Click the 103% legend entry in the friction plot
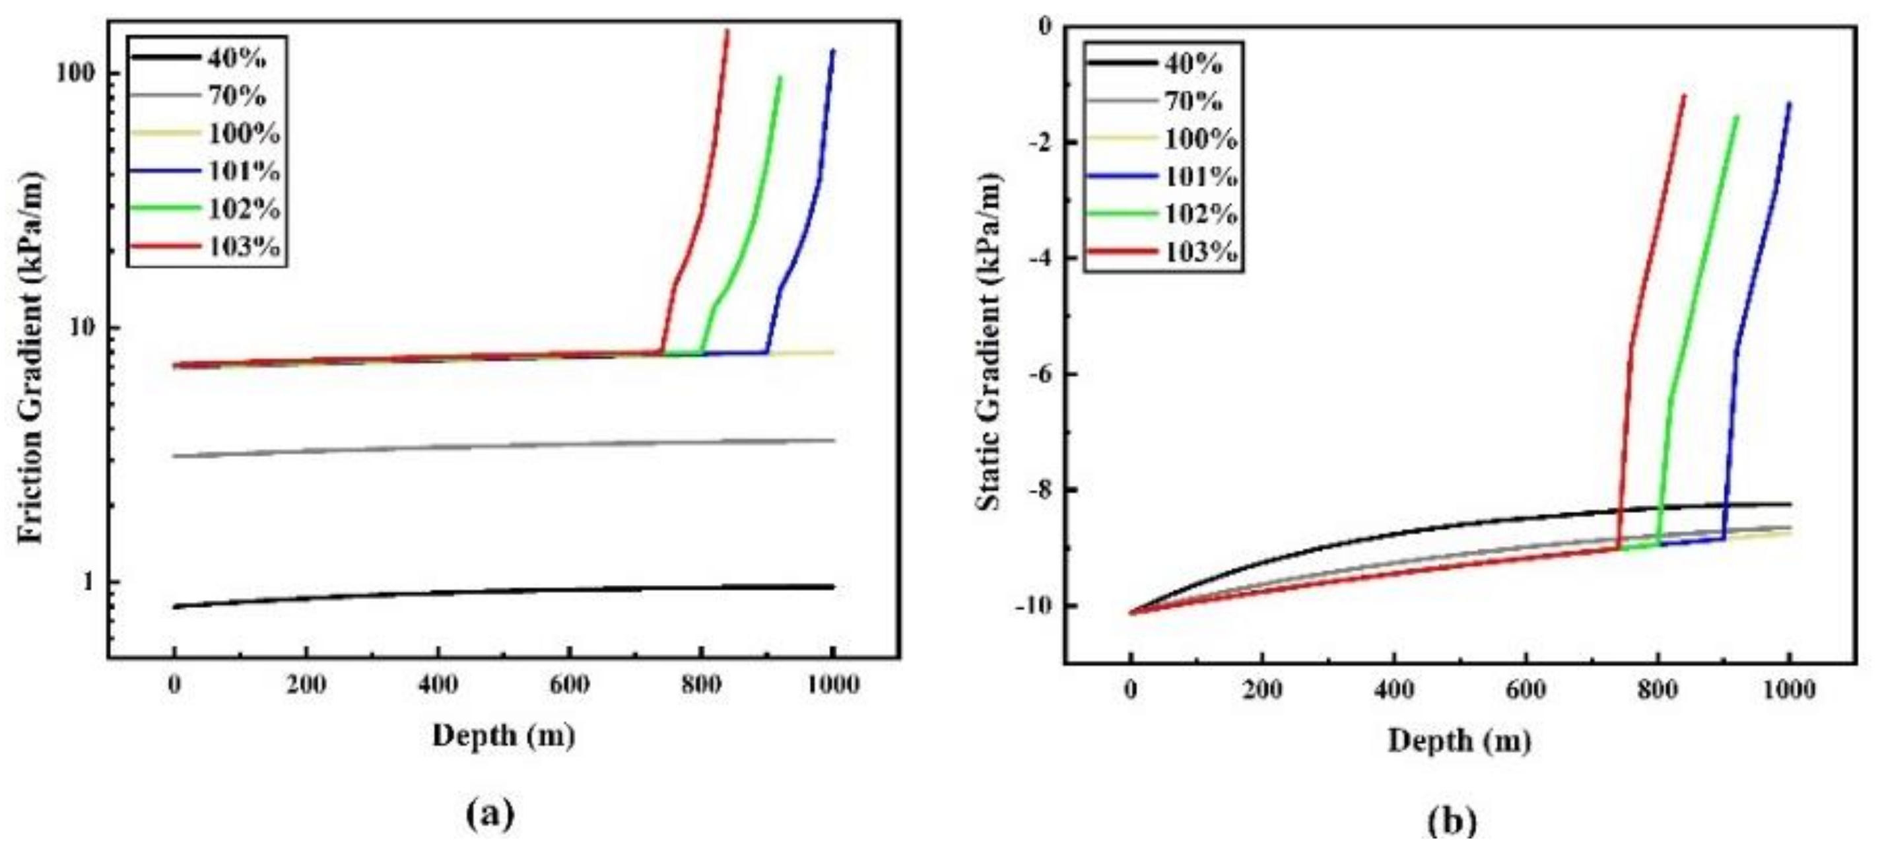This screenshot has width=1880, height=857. coord(243,247)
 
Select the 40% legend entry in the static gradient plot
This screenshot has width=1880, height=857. coord(1193,63)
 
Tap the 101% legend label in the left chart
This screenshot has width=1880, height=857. coord(243,171)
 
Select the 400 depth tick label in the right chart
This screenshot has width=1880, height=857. coord(1394,689)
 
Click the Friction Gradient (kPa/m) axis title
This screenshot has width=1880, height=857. coord(33,358)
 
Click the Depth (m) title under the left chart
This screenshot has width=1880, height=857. coord(504,735)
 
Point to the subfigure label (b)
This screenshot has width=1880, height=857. coord(1451,821)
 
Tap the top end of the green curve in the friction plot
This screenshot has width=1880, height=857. coord(780,77)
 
